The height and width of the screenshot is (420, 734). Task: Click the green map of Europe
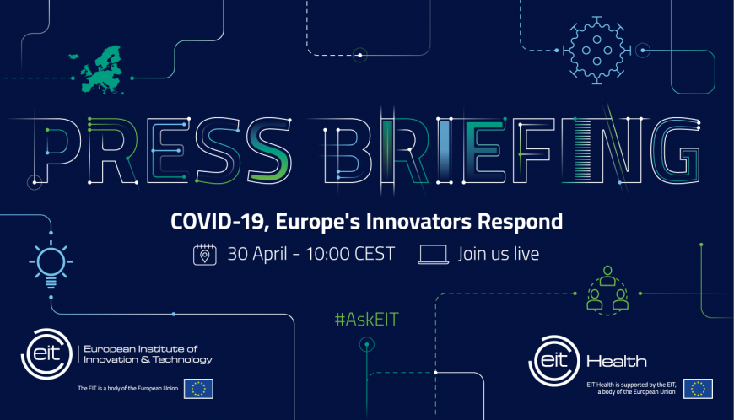pos(100,70)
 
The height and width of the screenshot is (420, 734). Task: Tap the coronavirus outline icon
pos(596,50)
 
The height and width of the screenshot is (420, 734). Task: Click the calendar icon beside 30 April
pos(204,255)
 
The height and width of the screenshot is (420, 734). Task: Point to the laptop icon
pos(433,255)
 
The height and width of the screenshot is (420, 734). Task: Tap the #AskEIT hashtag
pos(366,320)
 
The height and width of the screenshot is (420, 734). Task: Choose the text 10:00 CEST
pos(350,254)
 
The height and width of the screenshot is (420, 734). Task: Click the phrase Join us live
pos(499,254)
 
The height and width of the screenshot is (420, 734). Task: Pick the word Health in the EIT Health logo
pos(617,362)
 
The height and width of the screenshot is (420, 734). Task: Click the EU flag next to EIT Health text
pos(698,389)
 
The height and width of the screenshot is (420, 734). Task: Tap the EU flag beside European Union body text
pos(198,389)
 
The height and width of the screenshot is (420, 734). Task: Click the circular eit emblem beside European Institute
pos(46,354)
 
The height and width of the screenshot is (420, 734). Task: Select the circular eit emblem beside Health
pos(554,361)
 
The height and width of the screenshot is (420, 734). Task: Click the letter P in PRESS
pos(57,149)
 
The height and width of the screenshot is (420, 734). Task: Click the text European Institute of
pos(140,349)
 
